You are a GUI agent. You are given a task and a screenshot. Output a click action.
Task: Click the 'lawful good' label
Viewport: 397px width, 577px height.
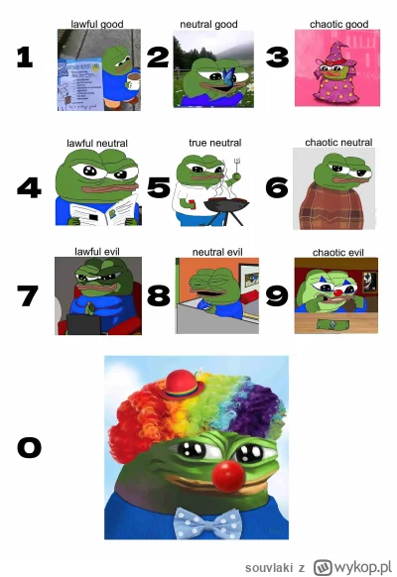(x=97, y=24)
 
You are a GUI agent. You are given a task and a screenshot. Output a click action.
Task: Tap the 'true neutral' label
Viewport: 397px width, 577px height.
(x=215, y=143)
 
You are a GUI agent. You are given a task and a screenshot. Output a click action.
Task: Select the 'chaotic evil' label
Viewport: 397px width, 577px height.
(x=338, y=253)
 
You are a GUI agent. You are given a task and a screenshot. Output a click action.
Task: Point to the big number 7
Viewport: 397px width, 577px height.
(x=28, y=295)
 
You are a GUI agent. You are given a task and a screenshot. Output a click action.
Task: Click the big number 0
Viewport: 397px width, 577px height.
(x=30, y=447)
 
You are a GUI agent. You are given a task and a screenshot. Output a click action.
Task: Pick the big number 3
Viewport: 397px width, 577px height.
(x=277, y=58)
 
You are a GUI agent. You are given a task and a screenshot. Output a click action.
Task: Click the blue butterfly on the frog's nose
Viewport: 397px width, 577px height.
(x=227, y=74)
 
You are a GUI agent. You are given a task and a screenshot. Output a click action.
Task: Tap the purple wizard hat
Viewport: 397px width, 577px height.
(x=338, y=54)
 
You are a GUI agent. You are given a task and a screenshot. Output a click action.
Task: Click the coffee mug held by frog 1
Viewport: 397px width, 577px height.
(x=133, y=81)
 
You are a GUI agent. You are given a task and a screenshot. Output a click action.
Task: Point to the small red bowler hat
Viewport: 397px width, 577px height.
(x=182, y=385)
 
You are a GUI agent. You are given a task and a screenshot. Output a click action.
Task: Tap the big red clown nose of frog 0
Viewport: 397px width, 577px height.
(x=228, y=476)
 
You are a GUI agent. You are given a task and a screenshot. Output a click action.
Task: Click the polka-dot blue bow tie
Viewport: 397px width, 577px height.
(x=207, y=523)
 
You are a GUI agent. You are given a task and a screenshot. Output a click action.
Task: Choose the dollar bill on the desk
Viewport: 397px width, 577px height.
(x=333, y=324)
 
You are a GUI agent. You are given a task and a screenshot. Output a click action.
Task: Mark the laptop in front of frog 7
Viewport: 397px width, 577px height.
(x=83, y=324)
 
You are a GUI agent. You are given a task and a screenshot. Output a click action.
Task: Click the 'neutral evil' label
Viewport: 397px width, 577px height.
(x=217, y=253)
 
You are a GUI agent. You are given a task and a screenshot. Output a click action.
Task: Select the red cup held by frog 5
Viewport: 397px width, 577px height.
(x=192, y=203)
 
